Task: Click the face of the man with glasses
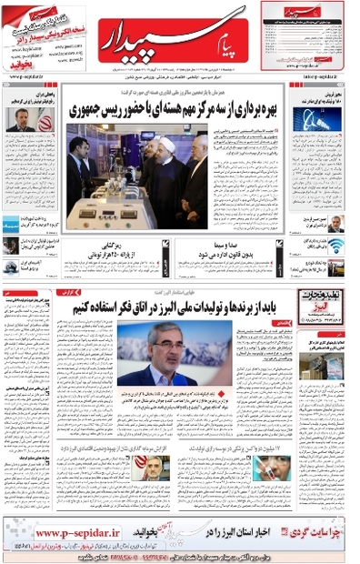(155, 342)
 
